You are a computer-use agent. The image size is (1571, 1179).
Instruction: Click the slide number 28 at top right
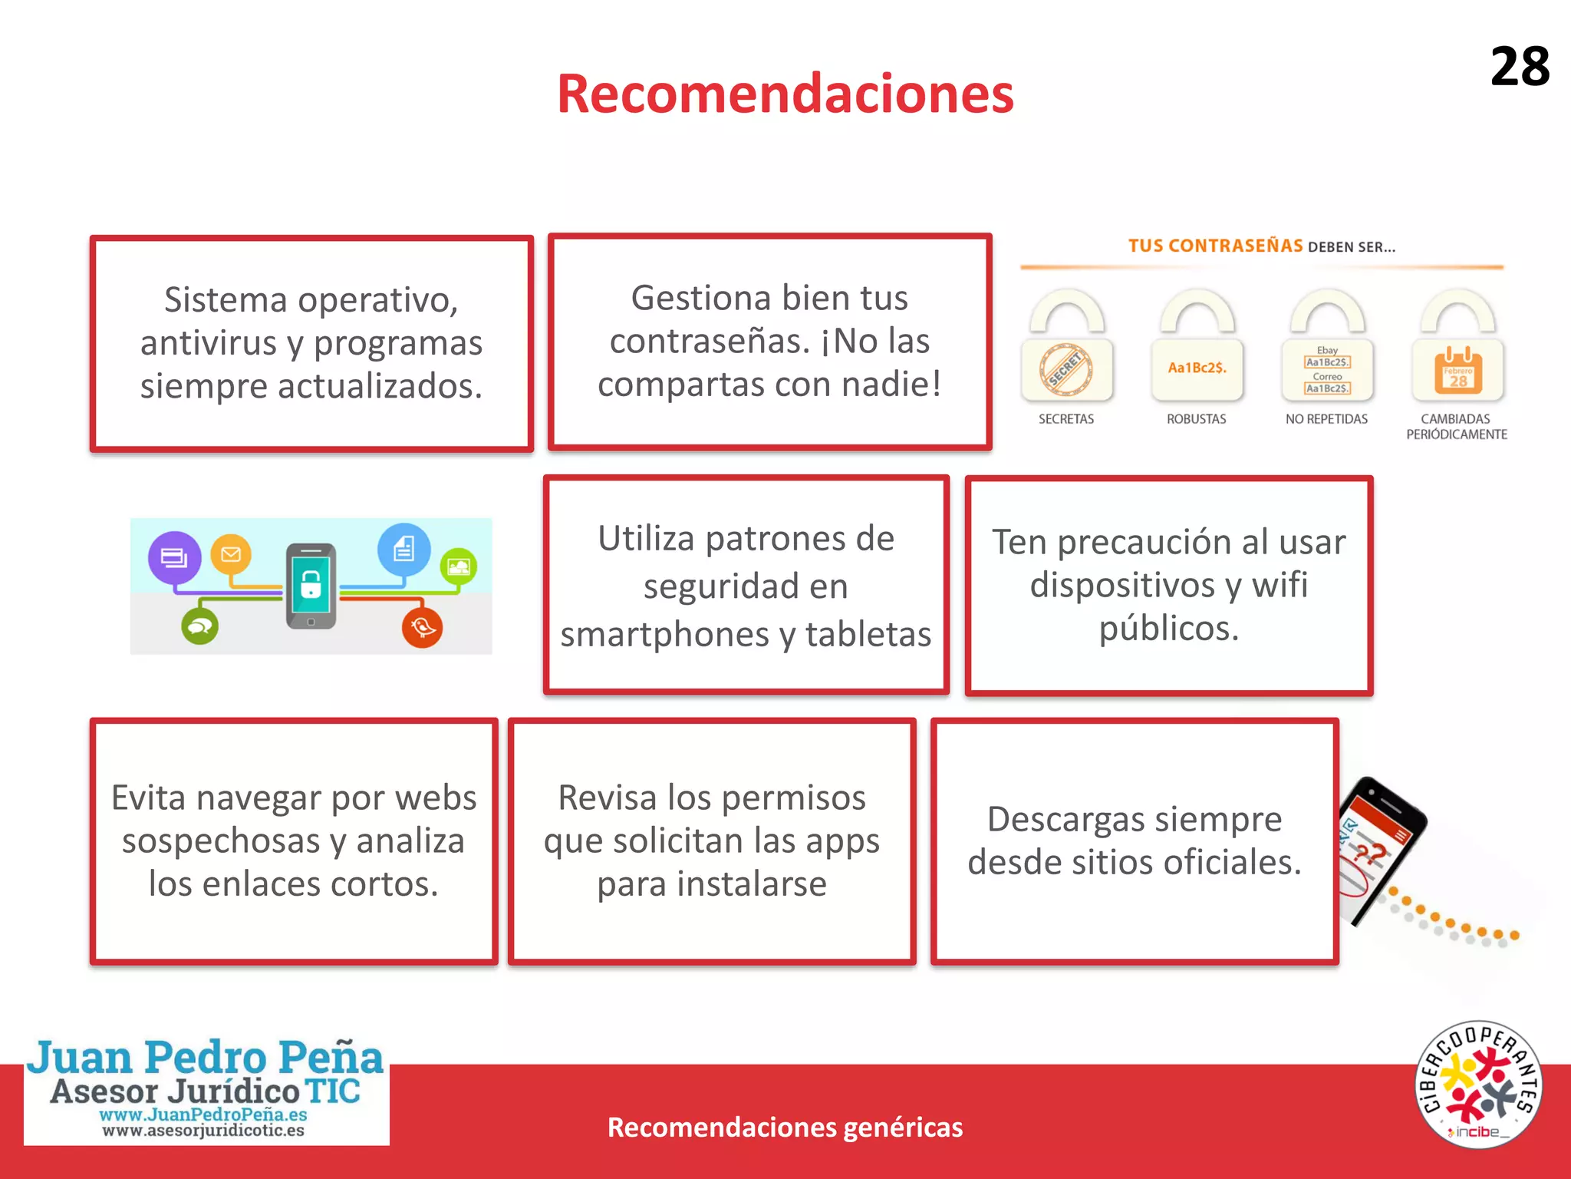pyautogui.click(x=1519, y=67)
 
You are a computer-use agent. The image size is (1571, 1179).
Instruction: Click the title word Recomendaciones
pyautogui.click(x=785, y=94)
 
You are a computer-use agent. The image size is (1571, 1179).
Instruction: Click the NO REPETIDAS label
pyautogui.click(x=1326, y=419)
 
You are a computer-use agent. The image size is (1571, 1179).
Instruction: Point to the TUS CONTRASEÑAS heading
pyautogui.click(x=1215, y=246)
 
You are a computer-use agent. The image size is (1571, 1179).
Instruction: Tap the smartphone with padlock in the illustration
pyautogui.click(x=311, y=586)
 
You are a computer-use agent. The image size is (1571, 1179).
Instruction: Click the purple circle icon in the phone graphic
pyautogui.click(x=175, y=556)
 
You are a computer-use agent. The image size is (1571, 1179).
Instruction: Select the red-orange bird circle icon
pyautogui.click(x=422, y=627)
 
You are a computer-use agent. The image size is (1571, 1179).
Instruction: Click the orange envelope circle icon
pyautogui.click(x=231, y=553)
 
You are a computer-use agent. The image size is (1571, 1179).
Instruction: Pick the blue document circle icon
pyautogui.click(x=403, y=549)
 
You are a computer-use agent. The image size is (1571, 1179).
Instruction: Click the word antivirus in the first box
pyautogui.click(x=208, y=343)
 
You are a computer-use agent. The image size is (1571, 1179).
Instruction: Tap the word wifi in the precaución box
pyautogui.click(x=1280, y=585)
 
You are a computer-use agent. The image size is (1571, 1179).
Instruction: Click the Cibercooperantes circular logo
pyautogui.click(x=1478, y=1085)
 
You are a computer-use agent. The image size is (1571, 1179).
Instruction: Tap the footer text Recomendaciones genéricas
pyautogui.click(x=785, y=1128)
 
